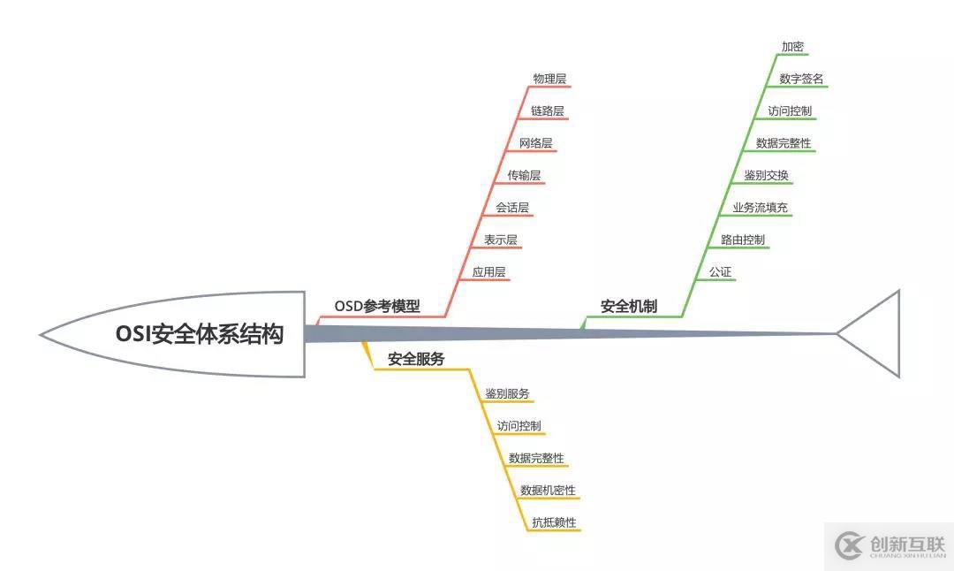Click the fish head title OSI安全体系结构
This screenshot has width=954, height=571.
click(200, 334)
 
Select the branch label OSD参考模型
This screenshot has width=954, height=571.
click(377, 307)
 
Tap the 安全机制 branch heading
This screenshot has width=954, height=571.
click(629, 307)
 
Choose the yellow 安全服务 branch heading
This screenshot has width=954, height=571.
click(416, 359)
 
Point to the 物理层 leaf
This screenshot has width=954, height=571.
click(549, 79)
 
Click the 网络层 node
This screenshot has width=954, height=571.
click(536, 143)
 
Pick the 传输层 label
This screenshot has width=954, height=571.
click(524, 175)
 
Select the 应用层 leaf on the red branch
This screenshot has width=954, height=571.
click(488, 272)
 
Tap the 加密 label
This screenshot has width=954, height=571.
click(792, 47)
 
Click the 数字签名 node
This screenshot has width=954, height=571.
click(801, 79)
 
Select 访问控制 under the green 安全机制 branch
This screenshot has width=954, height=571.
click(790, 111)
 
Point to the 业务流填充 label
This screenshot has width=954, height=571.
click(760, 208)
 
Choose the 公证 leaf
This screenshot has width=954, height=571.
click(720, 272)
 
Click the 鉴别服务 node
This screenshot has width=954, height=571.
click(507, 393)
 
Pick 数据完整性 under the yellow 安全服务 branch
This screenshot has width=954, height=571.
click(536, 458)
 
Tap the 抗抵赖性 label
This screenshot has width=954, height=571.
click(554, 522)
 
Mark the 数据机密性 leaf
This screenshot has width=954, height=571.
click(548, 490)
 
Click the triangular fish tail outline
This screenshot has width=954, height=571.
click(874, 333)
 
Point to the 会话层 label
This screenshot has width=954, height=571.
click(512, 208)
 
